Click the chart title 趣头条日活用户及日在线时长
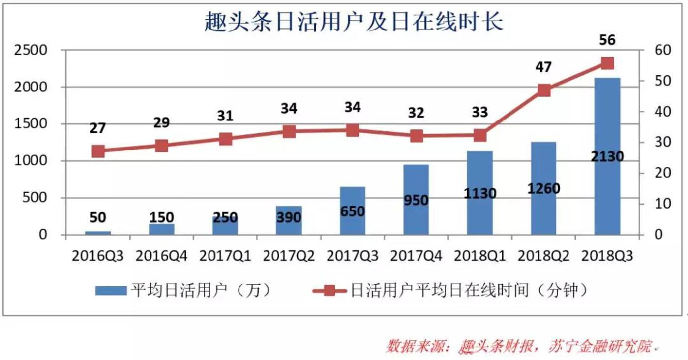(x=354, y=22)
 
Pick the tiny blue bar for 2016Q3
(x=98, y=233)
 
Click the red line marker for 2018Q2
(x=544, y=90)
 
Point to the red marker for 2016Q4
(x=162, y=146)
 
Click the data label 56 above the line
(x=607, y=40)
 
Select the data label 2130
(x=607, y=157)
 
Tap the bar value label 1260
(x=543, y=188)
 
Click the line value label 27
(x=98, y=128)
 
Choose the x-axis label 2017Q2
(x=289, y=256)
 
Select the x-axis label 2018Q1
(x=479, y=256)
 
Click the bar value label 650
(x=353, y=211)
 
